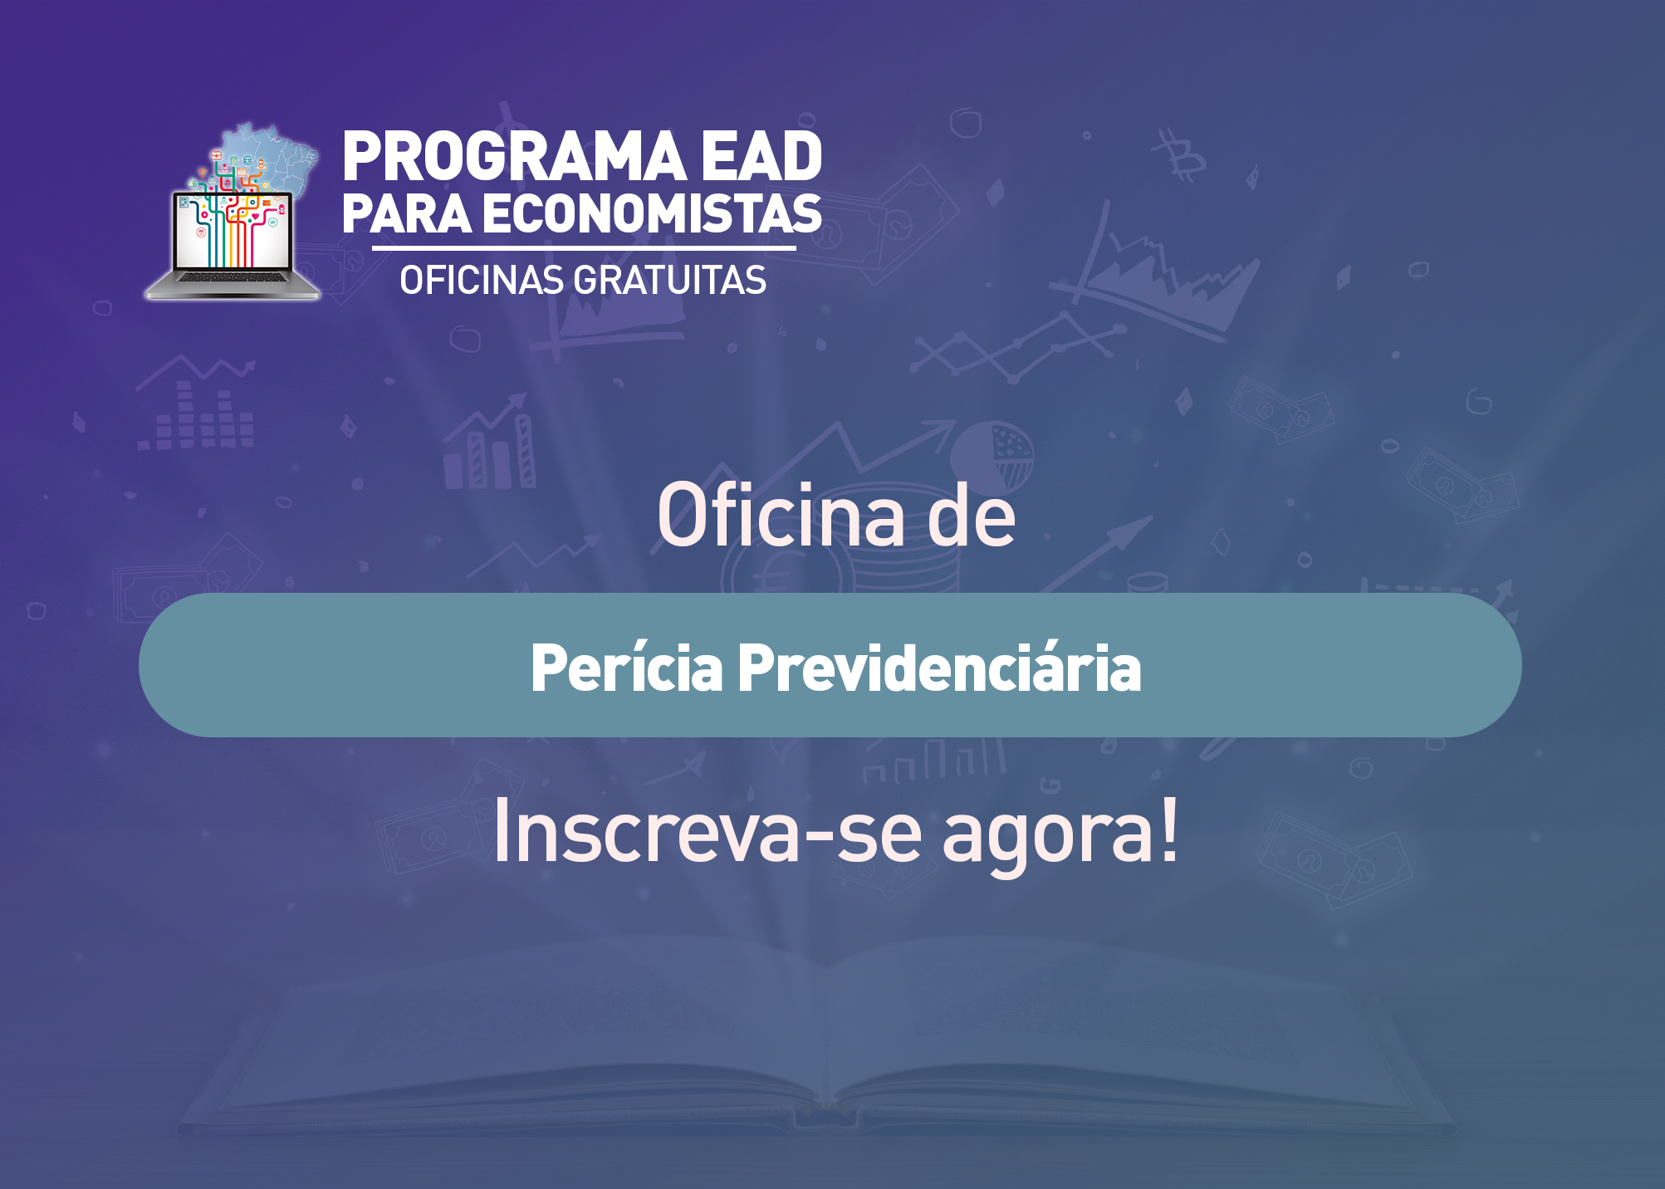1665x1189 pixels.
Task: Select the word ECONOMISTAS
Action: (652, 213)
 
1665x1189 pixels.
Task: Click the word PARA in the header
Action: (407, 213)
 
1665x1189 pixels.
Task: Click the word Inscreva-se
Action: (708, 830)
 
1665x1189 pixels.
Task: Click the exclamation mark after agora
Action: (1169, 830)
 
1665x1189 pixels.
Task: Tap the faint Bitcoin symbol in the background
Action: (1178, 155)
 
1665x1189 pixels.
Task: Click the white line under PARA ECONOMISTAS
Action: (584, 247)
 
